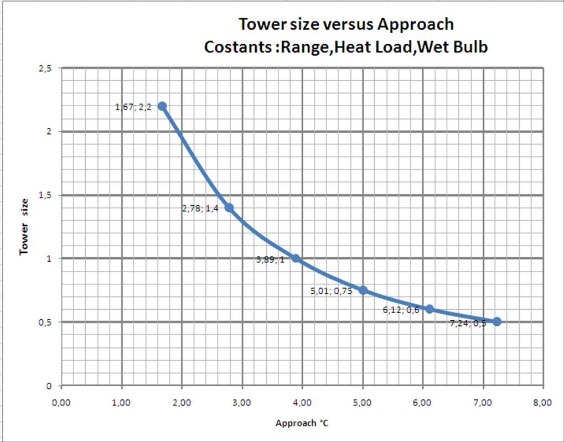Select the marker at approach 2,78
pos(229,208)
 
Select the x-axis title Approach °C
pos(302,423)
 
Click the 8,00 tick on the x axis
pos(542,402)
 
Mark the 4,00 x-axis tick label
pos(302,402)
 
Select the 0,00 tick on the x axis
pos(61,402)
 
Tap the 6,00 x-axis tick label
pos(422,402)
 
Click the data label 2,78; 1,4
pos(200,209)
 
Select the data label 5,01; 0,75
pos(332,291)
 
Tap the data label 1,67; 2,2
pos(133,107)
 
